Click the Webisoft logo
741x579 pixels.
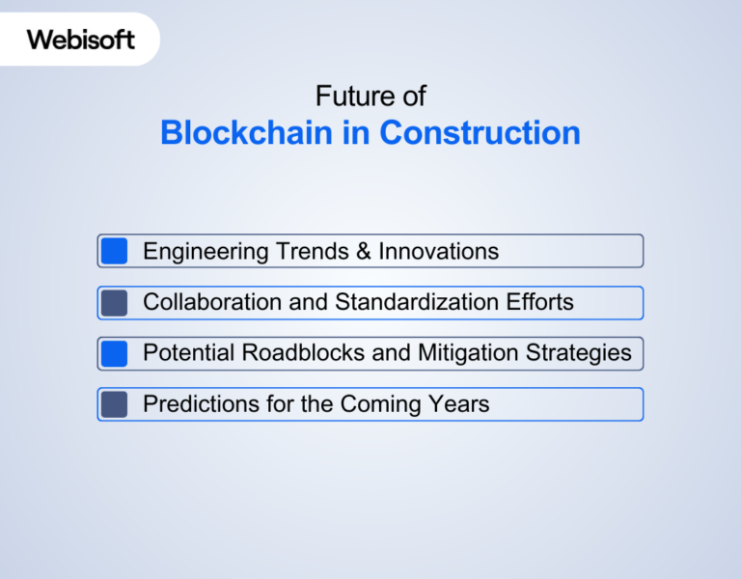tap(80, 40)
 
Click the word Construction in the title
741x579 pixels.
tap(480, 133)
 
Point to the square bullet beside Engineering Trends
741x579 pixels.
tap(115, 252)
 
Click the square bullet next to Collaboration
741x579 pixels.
tap(115, 303)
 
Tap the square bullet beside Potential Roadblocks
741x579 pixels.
tap(115, 353)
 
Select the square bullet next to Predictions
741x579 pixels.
tap(115, 404)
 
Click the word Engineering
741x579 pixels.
tap(206, 253)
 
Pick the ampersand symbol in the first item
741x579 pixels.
tap(363, 253)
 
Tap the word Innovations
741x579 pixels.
tap(438, 253)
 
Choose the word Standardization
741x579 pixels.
tap(419, 303)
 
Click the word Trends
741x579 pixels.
tap(310, 253)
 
